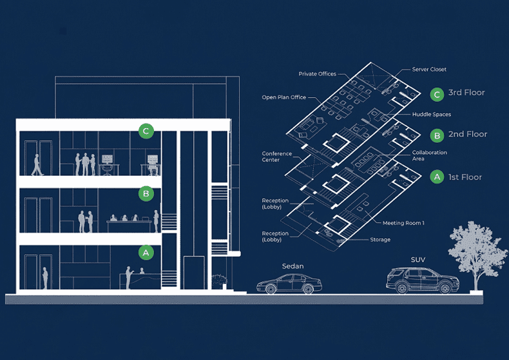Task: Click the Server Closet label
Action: coord(429,69)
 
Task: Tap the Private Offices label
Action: coord(317,74)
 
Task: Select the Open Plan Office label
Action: coord(283,97)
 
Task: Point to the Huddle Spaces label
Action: coord(432,114)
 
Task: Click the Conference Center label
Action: coord(276,156)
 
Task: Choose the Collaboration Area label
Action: coord(429,155)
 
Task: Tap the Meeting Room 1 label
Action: coord(403,223)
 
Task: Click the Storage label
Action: coord(380,240)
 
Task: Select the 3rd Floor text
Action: coord(466,93)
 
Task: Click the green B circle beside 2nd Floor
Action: coord(437,136)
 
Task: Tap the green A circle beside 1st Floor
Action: coord(437,176)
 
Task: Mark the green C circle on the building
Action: coord(146,131)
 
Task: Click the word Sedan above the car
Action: coord(293,266)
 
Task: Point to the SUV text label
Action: coord(418,260)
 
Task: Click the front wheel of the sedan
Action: coord(270,289)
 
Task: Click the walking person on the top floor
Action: coord(37,165)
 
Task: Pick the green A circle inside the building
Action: coord(146,252)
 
